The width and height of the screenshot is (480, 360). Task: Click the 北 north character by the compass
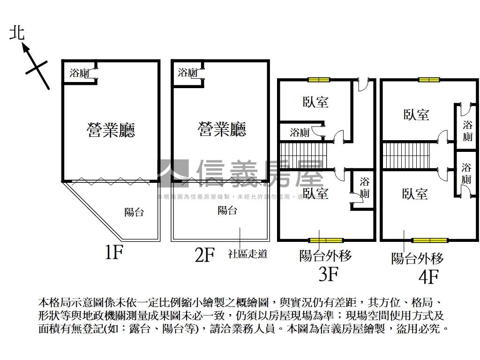[17, 33]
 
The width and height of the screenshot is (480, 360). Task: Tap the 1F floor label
[114, 253]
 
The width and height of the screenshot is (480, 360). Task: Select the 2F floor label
[204, 255]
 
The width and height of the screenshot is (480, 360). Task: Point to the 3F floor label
[329, 274]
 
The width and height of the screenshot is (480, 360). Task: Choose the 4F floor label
[428, 277]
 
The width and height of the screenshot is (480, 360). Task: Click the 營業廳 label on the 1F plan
[111, 129]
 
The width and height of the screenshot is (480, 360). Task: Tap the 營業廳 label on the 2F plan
[222, 129]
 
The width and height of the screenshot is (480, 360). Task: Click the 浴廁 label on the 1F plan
[79, 73]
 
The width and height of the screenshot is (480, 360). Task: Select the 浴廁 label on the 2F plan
[188, 73]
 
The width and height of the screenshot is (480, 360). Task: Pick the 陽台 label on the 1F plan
[134, 212]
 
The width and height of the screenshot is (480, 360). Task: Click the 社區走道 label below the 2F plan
[248, 254]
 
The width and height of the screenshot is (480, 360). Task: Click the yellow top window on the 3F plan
[319, 79]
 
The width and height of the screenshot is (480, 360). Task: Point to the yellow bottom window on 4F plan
[430, 240]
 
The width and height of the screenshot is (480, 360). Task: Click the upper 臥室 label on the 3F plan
[315, 102]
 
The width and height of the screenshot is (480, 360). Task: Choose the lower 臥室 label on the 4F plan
[415, 194]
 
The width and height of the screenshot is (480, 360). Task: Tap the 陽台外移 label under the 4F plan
[418, 258]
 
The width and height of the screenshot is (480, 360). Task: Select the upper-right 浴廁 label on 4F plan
[467, 131]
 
